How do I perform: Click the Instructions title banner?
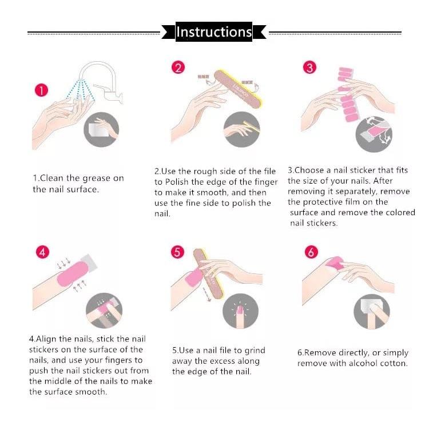point(214,31)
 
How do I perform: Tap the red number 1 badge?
point(41,90)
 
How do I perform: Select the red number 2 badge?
point(178,67)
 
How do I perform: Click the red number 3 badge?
point(309,67)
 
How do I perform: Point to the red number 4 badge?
point(43,252)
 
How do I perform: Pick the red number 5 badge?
point(177,252)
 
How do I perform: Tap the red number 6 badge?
point(311,252)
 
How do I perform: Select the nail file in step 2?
point(238,89)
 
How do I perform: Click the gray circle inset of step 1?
point(101,129)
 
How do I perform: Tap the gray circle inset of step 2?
point(241,129)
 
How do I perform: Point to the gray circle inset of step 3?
point(374,134)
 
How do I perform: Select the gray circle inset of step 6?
point(372,312)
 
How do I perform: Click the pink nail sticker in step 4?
point(73,273)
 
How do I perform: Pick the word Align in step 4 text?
point(46,339)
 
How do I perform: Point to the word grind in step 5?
point(255,351)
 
